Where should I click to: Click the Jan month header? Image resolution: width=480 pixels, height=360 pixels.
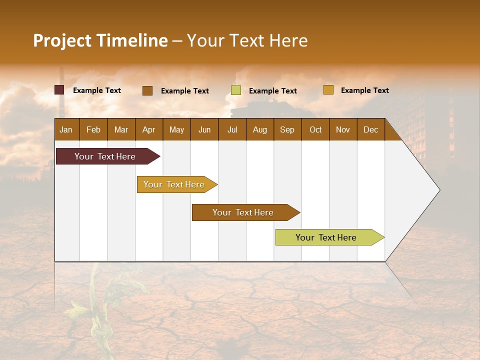click(66, 129)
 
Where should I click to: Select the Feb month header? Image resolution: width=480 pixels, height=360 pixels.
click(93, 129)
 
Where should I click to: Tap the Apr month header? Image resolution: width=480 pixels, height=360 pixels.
click(148, 129)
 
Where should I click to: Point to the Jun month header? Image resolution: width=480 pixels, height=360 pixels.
click(204, 129)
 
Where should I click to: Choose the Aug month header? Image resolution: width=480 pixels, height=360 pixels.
click(259, 129)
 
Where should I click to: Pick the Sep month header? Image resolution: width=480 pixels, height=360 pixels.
click(287, 129)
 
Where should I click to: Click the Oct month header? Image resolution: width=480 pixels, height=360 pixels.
click(315, 129)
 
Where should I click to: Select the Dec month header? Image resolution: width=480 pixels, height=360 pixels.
click(370, 129)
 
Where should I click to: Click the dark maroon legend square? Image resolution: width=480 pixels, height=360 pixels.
click(59, 90)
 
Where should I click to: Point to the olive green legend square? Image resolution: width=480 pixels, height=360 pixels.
click(236, 90)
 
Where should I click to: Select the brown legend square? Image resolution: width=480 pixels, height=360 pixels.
click(147, 90)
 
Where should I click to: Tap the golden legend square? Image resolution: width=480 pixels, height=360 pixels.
click(328, 90)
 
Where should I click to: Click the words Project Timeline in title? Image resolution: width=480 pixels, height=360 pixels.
click(100, 40)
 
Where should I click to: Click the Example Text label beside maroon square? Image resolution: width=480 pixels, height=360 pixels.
click(97, 90)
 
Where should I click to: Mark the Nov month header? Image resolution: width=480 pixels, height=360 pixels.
click(342, 129)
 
